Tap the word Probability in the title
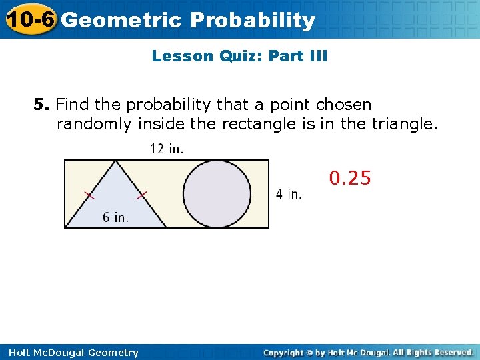click(252, 20)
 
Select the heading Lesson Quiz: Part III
click(239, 56)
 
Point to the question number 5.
click(41, 105)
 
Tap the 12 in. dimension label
click(167, 149)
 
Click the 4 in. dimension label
click(289, 194)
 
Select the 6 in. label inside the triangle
click(115, 217)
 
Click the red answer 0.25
click(350, 179)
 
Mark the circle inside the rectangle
click(217, 193)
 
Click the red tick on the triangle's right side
click(142, 195)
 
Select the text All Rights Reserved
click(433, 352)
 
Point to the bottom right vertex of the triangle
click(166, 227)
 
